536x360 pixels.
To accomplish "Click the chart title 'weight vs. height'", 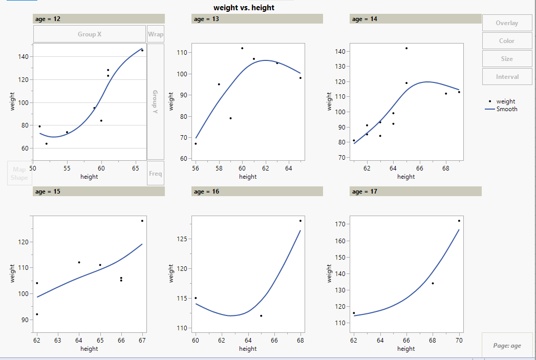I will (x=244, y=8).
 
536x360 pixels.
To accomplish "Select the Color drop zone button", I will (x=507, y=41).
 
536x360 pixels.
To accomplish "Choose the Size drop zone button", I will (x=507, y=59).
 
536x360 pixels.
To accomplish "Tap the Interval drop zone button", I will (x=507, y=77).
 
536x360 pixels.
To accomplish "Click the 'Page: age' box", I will (x=507, y=346).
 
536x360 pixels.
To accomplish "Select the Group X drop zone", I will (x=90, y=34).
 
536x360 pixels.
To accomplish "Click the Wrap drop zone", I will (x=156, y=34).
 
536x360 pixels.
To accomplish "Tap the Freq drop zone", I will (x=156, y=174).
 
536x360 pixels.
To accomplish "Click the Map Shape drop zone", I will (x=19, y=174).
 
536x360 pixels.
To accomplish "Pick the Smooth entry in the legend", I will (x=506, y=109).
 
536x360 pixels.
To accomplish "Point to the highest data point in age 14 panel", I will (x=406, y=48).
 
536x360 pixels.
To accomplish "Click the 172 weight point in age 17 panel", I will (x=459, y=221).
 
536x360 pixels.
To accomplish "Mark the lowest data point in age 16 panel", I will (x=261, y=316).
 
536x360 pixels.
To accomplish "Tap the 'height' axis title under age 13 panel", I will (x=248, y=177).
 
